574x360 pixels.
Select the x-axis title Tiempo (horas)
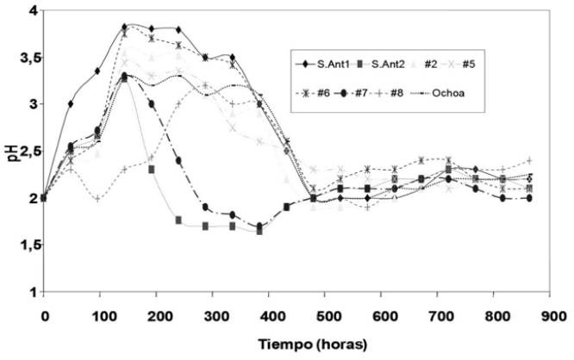pos(299,343)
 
